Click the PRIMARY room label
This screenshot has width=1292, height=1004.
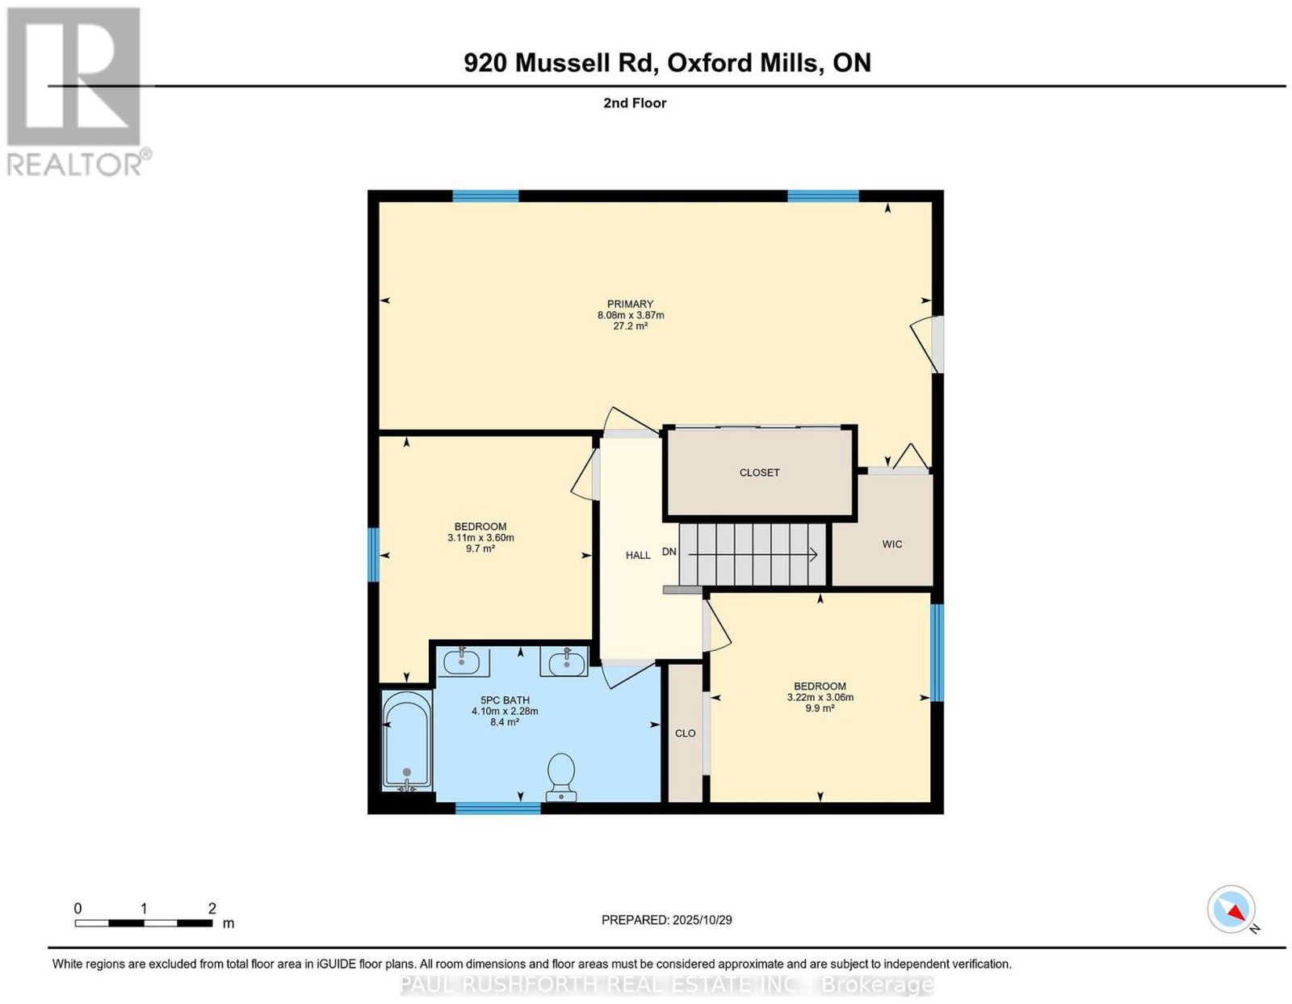pos(630,304)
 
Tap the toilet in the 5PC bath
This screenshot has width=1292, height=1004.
pos(560,777)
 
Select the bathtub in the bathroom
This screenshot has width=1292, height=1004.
pos(407,740)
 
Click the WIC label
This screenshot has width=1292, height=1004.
pos(891,544)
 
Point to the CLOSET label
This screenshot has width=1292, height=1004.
pos(759,473)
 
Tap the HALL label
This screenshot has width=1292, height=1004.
pos(638,555)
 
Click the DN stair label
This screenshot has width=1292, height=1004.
pos(669,552)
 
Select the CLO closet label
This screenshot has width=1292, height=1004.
pos(685,733)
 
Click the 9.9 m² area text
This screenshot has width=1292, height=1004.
pos(820,708)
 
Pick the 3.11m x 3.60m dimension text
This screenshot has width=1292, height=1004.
pos(480,538)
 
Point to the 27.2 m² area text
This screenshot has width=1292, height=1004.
pos(630,326)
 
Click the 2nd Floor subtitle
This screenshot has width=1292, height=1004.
pos(635,103)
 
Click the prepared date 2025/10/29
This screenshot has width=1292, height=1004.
pos(703,920)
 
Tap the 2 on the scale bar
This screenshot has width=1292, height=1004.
pos(212,909)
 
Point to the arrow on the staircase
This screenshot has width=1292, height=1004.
pos(753,555)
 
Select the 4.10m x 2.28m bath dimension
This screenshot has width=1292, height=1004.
pos(505,711)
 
